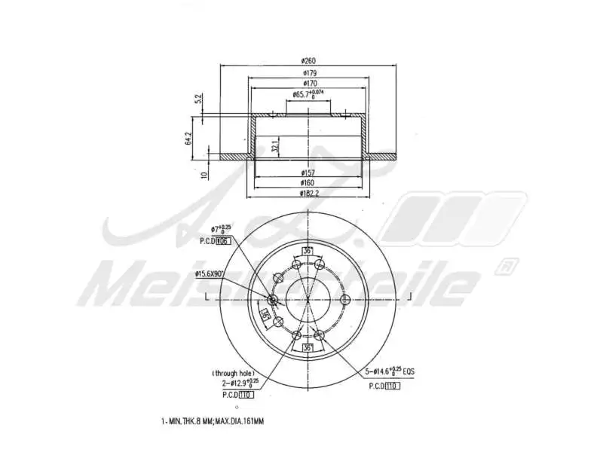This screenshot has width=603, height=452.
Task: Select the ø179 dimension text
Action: [308, 72]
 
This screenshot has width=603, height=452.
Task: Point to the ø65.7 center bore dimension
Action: [308, 94]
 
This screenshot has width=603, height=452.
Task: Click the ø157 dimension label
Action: [308, 173]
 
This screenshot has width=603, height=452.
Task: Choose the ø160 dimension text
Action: [308, 182]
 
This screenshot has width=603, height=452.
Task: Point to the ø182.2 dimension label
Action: [308, 193]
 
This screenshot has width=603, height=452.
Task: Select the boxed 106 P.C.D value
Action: [222, 242]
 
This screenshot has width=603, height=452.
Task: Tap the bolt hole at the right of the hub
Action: [343, 299]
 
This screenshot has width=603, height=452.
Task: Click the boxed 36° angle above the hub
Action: [307, 252]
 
